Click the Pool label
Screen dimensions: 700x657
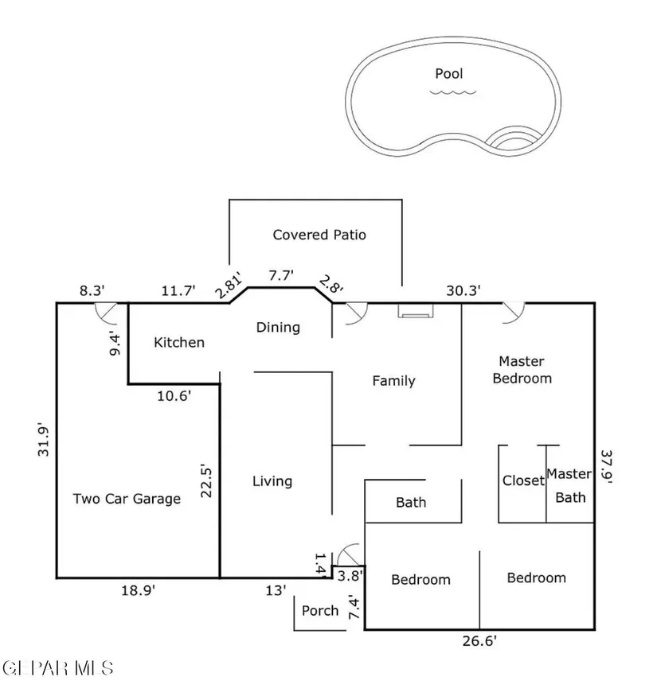[x=448, y=74]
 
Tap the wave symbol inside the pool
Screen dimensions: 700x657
[x=453, y=92]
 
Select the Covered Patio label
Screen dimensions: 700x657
[x=319, y=235]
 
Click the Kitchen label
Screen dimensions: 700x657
[x=179, y=343]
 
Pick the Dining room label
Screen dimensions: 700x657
[x=278, y=327]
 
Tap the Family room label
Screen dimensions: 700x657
[x=394, y=381]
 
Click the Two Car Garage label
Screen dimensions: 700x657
[x=127, y=500]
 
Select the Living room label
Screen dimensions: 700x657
[x=272, y=481]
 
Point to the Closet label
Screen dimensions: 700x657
[x=523, y=480]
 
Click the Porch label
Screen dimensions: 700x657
[x=320, y=611]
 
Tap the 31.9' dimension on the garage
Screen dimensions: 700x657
[x=45, y=443]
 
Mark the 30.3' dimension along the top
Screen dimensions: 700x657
[x=463, y=291]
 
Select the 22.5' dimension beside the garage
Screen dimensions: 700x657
[x=206, y=480]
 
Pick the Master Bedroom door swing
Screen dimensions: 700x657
[x=513, y=312]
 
